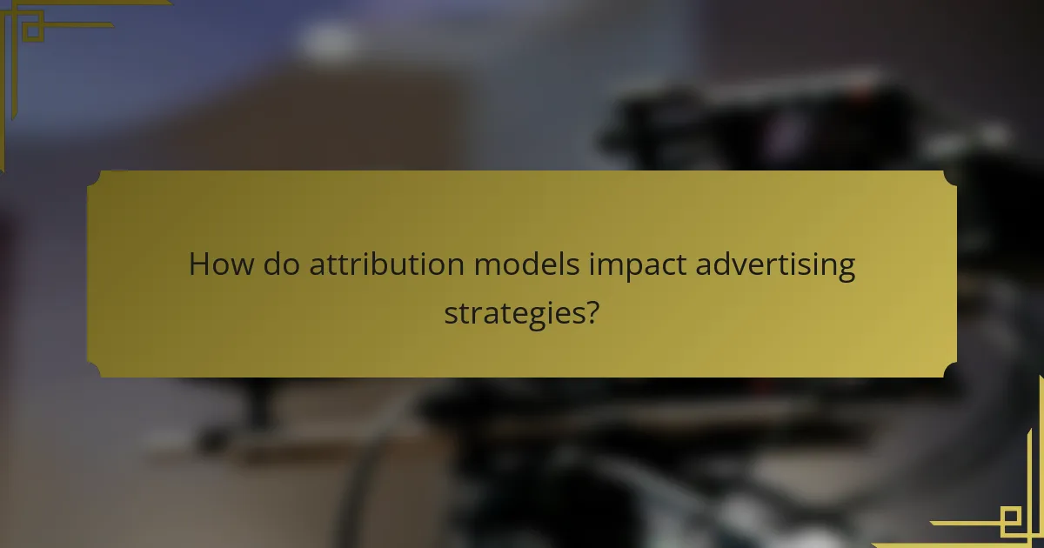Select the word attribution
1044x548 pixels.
[x=388, y=265]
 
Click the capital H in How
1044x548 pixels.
[x=199, y=265]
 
